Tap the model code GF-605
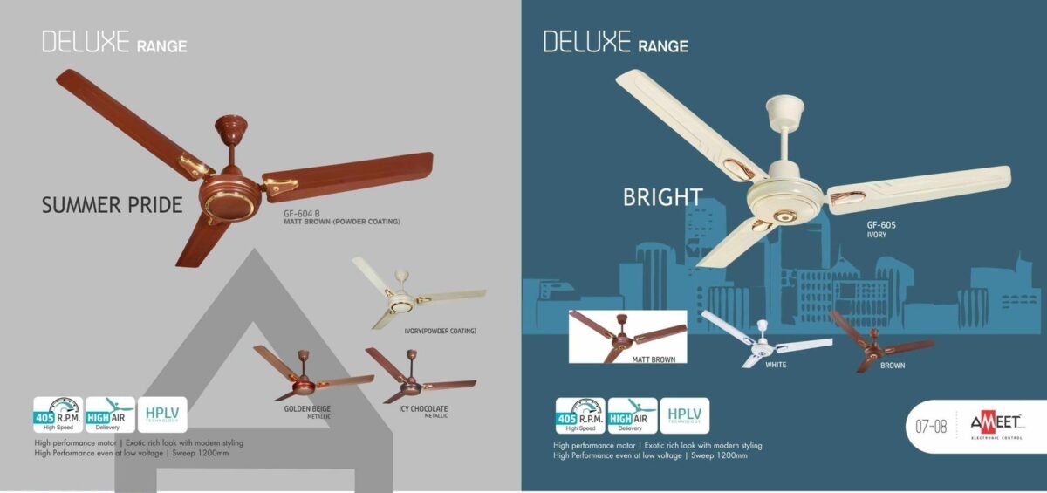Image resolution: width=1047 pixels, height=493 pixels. coord(881,225)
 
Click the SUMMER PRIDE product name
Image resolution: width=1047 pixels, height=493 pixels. coord(113,206)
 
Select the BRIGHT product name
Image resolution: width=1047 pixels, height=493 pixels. coord(662,198)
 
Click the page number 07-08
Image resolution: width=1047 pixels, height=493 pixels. coord(931,428)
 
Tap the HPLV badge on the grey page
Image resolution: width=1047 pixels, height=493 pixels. coord(162,414)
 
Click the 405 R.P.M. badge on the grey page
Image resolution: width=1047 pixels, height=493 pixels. coord(58,414)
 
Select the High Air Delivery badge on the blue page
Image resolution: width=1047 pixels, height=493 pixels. coord(633,415)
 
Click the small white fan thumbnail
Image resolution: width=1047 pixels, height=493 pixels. coord(763,339)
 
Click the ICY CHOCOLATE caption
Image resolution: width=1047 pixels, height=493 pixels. coord(423,409)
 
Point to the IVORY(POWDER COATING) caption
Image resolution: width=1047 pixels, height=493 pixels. coord(440,332)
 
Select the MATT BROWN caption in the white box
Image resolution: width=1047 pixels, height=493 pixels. coord(654,358)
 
